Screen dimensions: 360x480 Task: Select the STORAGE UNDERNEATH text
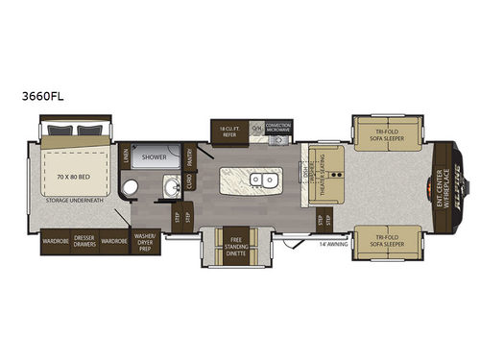(x=74, y=203)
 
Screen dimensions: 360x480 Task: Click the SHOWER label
(x=155, y=155)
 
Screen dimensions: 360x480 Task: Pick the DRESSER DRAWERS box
(x=84, y=242)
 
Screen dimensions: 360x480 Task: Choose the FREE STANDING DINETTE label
(x=234, y=240)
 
